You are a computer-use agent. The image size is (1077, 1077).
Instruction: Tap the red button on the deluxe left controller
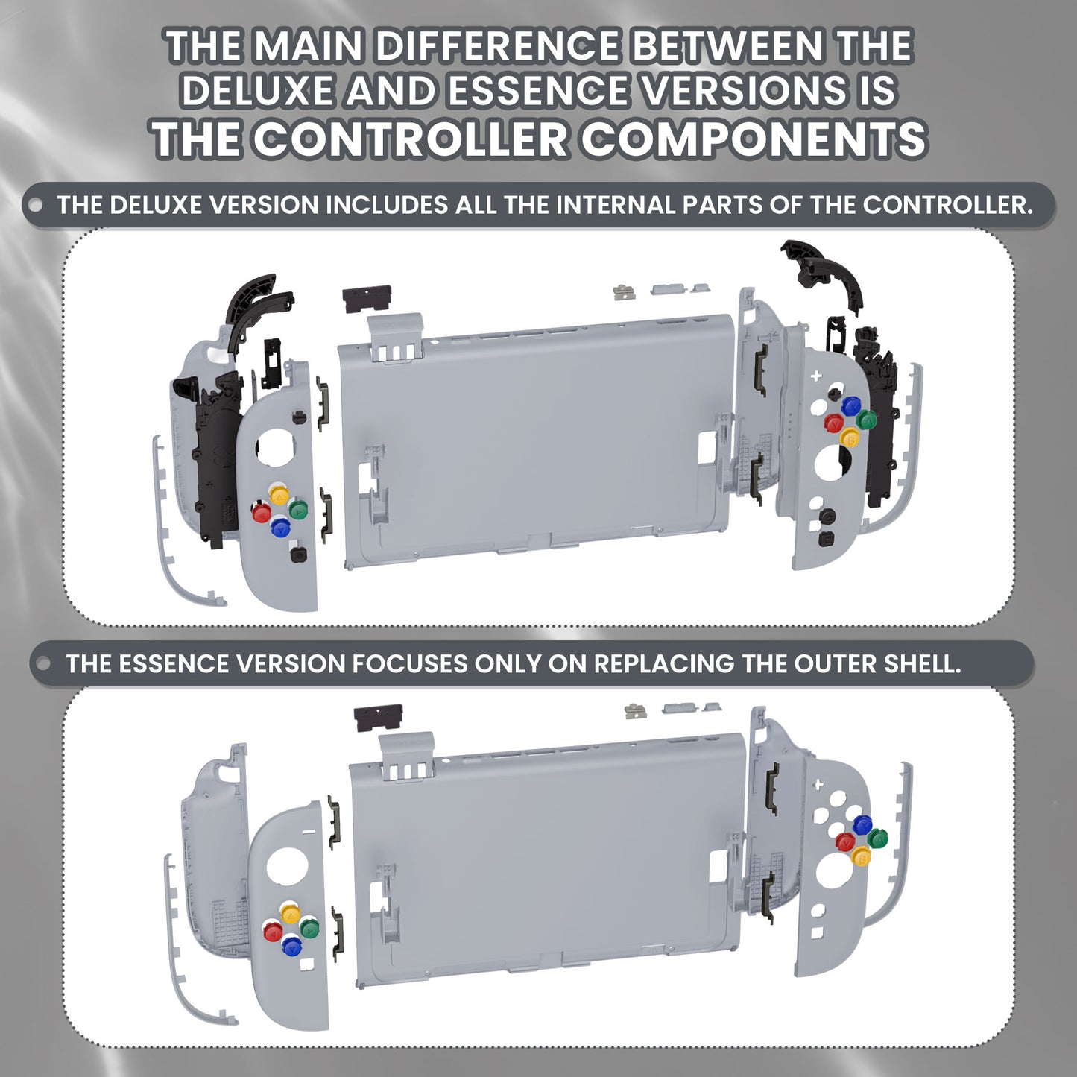tap(261, 513)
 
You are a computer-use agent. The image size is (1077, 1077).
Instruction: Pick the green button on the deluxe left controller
tap(298, 510)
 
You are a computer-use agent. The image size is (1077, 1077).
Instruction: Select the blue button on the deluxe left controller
tap(280, 528)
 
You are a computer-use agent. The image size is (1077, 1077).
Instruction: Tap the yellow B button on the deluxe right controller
tap(850, 438)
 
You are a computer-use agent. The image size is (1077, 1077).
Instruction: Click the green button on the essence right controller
tap(879, 838)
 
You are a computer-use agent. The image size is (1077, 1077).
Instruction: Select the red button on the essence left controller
tap(273, 932)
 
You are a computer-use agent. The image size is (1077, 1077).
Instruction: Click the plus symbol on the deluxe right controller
tap(816, 375)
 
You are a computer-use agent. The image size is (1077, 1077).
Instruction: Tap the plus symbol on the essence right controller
tap(818, 784)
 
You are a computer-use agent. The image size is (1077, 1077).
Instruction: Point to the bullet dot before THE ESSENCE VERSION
tap(44, 663)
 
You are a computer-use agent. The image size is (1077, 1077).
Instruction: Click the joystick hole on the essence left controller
tap(282, 863)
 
